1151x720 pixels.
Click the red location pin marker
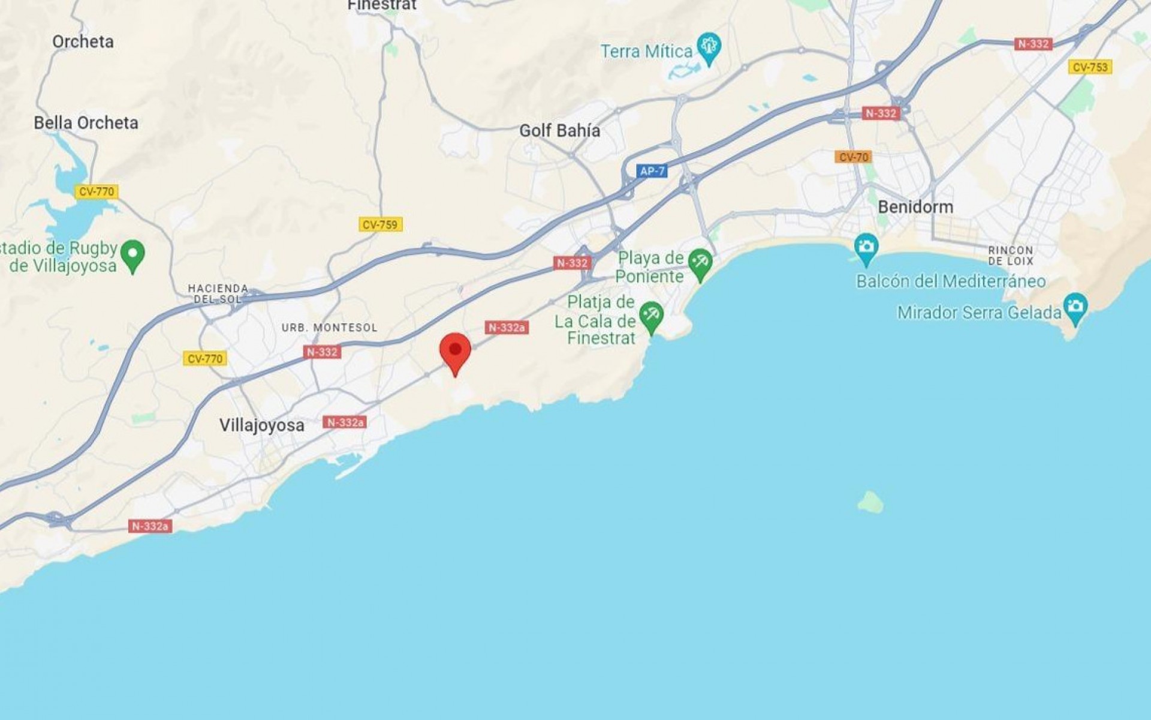tap(455, 352)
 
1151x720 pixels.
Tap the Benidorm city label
tap(915, 207)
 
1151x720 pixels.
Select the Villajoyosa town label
tap(261, 425)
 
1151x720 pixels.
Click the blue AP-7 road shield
tap(652, 171)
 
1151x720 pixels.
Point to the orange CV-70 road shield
tap(853, 157)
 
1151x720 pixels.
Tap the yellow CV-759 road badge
tap(380, 224)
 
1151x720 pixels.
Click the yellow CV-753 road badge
tap(1090, 67)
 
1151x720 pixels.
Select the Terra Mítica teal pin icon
tap(710, 47)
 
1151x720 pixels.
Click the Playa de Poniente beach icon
tap(700, 263)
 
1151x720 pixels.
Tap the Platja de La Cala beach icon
tap(652, 316)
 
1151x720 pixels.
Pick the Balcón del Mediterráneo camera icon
tap(866, 248)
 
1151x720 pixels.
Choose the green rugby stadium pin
tap(132, 255)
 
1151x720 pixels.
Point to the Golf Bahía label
tap(559, 131)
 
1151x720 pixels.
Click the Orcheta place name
tap(83, 41)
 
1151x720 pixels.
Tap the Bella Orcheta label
tap(86, 123)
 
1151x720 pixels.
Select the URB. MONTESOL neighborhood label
tap(330, 328)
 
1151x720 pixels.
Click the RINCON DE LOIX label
tap(1011, 256)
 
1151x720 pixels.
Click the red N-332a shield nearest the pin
tap(507, 327)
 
